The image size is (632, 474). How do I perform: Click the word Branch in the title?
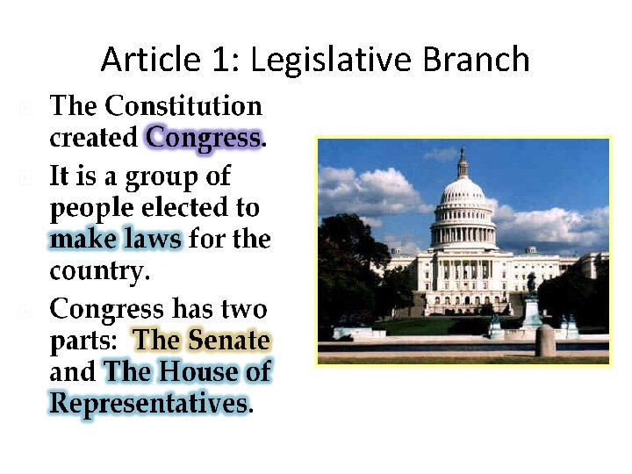click(x=477, y=60)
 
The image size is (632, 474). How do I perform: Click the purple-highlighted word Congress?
click(x=204, y=138)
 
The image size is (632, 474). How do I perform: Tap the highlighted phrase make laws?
click(x=116, y=239)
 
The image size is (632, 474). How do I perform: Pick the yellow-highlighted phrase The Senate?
click(x=202, y=340)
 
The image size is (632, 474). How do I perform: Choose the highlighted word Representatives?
click(x=148, y=403)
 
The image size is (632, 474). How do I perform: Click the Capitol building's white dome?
click(x=463, y=193)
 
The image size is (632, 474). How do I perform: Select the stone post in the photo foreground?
click(x=546, y=340)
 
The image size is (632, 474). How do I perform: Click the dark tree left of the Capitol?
click(x=351, y=263)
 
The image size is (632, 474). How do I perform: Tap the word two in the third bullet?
click(x=243, y=309)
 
